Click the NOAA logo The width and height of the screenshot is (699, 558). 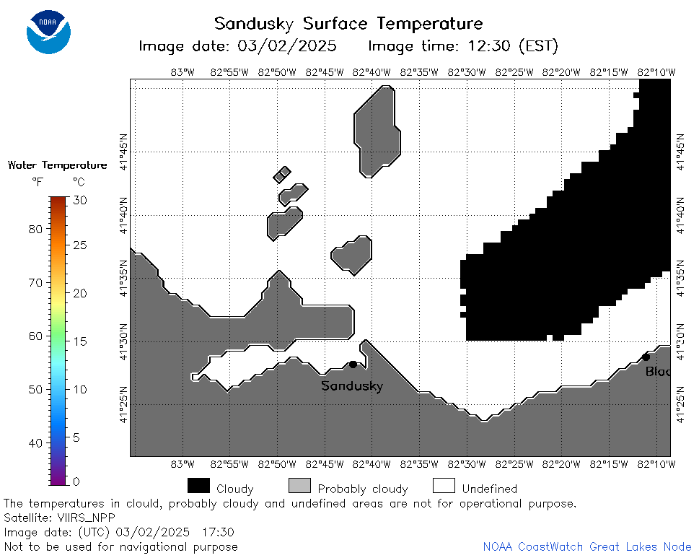48,32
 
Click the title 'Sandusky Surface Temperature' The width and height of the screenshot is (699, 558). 348,24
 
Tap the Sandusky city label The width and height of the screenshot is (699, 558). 352,385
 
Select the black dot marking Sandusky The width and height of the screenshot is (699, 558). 353,365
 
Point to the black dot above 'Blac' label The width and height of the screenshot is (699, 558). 646,357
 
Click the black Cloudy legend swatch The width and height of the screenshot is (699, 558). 199,485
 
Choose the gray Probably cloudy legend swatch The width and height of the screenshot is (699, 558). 299,485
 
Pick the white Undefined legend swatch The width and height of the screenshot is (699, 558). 444,485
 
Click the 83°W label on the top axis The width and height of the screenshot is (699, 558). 183,72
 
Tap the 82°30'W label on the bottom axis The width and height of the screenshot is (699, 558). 466,464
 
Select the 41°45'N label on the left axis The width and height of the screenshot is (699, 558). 123,152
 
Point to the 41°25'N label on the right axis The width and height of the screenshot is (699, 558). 680,404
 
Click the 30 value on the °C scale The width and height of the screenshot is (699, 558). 80,200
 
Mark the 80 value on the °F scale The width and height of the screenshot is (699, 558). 35,230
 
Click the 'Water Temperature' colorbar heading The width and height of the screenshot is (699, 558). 58,165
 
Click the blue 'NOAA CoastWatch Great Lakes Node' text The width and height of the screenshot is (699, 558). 587,547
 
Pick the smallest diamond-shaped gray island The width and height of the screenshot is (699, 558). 282,175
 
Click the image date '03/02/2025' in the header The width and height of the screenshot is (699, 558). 286,46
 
